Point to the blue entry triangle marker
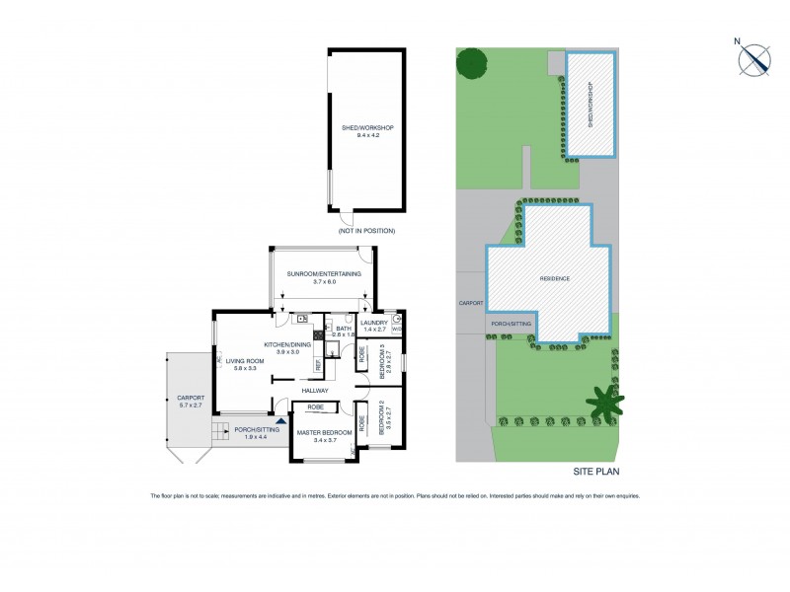(280, 421)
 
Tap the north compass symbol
(755, 59)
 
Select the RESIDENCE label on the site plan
(554, 278)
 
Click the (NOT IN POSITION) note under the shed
(365, 230)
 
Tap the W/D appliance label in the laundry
(396, 330)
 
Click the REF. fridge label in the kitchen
(318, 364)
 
